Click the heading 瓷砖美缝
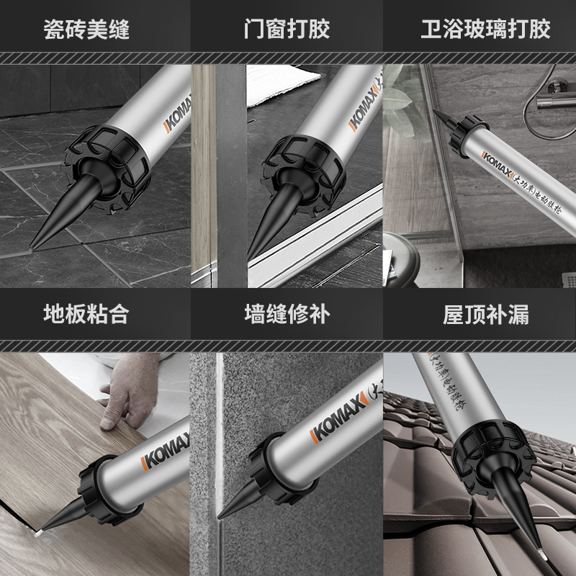pyautogui.click(x=95, y=29)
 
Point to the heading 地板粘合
pyautogui.click(x=95, y=314)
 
